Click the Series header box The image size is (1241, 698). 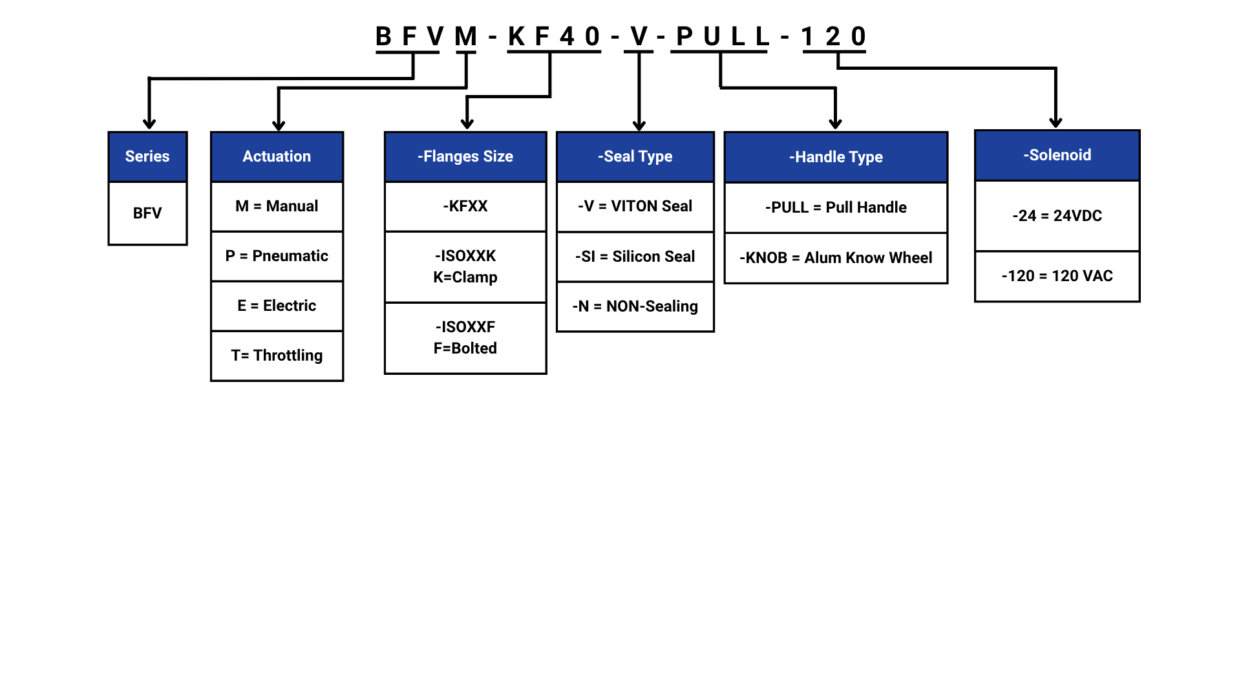point(147,156)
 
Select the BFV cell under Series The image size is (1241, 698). point(147,213)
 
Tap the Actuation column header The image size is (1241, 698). point(277,156)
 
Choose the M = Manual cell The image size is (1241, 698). point(277,206)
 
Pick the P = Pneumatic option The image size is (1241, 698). point(277,256)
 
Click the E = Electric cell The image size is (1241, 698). point(277,306)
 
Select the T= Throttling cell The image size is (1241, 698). point(277,355)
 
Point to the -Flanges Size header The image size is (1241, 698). point(465,156)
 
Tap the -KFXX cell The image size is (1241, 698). point(465,206)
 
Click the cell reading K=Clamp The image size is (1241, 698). point(465,267)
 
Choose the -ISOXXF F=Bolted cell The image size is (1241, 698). point(465,337)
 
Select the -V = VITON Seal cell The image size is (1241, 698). point(635,206)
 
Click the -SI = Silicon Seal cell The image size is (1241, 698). point(635,257)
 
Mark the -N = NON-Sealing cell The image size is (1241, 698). point(635,306)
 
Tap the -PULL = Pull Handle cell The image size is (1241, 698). point(836,207)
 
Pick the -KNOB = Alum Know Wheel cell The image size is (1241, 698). point(836,258)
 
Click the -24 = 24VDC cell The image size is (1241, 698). point(1057,216)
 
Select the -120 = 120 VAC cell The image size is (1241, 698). point(1057,276)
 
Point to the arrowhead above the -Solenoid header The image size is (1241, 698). point(1055,122)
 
